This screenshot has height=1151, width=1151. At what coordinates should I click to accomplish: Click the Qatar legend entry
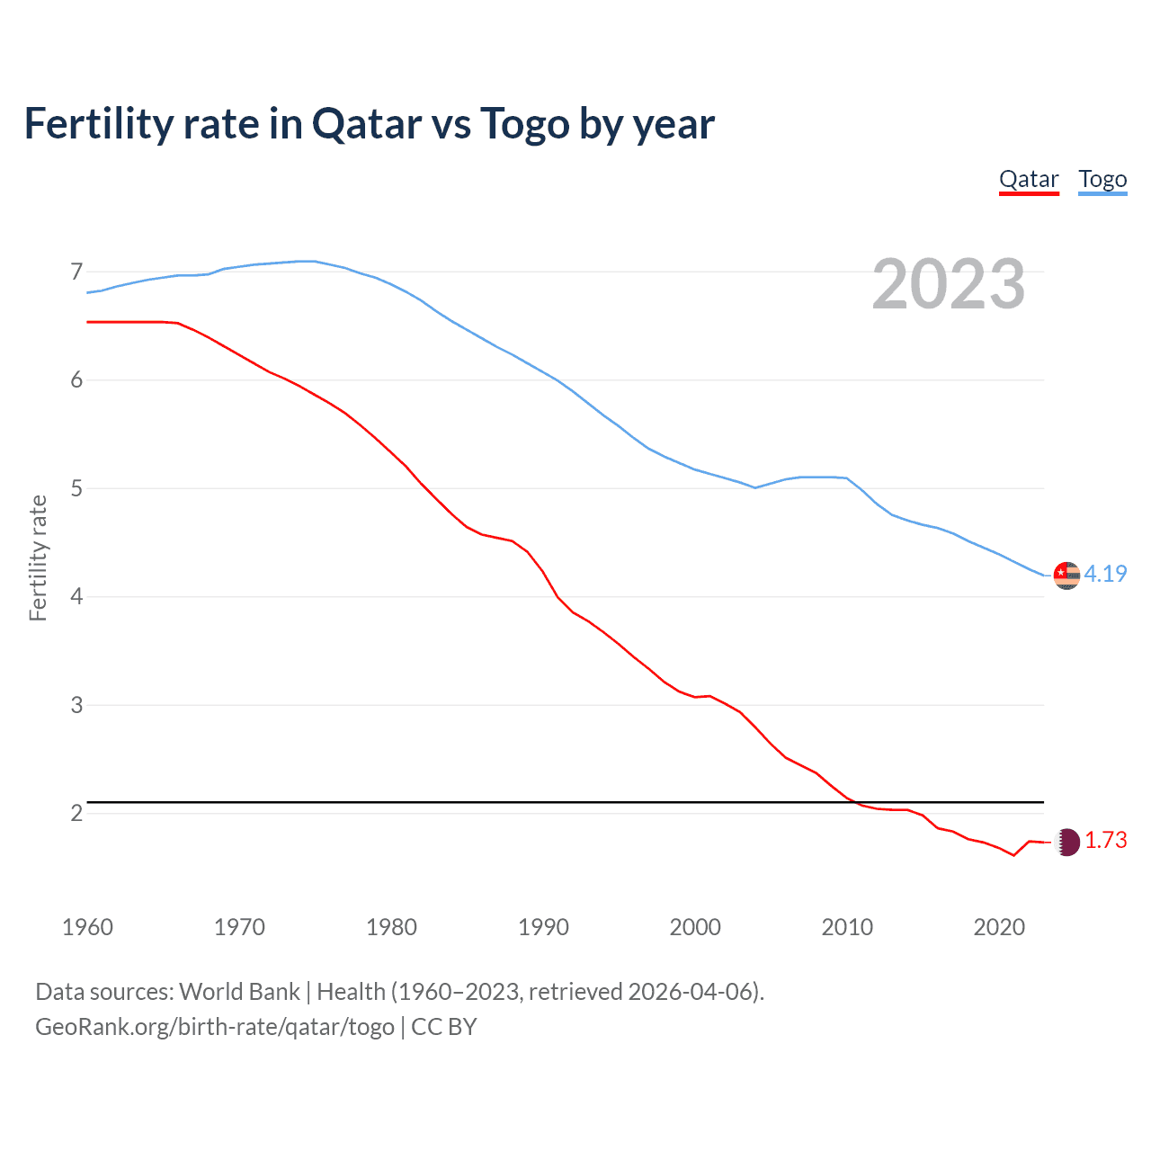click(1029, 180)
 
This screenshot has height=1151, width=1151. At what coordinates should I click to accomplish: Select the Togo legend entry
click(1102, 180)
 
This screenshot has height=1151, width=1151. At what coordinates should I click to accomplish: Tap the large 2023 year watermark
click(949, 284)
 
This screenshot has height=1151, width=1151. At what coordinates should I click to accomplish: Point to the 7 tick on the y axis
click(76, 272)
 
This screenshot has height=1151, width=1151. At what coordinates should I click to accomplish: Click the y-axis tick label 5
click(76, 488)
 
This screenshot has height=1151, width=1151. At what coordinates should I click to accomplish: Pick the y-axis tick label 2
click(76, 813)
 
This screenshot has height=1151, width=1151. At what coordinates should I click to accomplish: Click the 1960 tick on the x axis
click(87, 927)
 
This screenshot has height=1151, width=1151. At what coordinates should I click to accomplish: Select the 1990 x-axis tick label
click(543, 927)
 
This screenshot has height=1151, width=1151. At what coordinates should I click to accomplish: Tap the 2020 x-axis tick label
click(999, 927)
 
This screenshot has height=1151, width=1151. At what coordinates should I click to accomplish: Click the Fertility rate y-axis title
click(38, 558)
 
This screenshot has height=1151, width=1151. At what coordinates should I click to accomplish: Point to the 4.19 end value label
click(1105, 574)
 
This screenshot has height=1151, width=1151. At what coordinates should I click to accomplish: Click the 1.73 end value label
click(1105, 840)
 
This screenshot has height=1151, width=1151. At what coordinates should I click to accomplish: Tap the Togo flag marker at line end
click(1066, 575)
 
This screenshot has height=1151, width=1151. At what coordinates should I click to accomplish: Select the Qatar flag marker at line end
click(1066, 842)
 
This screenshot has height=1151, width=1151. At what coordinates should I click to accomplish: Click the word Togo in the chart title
click(524, 124)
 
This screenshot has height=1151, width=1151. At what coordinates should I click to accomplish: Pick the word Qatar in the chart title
click(367, 124)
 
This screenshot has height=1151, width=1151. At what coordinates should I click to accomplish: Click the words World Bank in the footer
click(239, 992)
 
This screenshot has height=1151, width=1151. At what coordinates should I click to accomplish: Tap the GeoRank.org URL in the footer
click(215, 1027)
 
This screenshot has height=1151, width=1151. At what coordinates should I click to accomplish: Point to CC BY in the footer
click(444, 1027)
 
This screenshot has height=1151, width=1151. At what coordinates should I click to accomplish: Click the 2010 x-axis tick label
click(847, 927)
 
